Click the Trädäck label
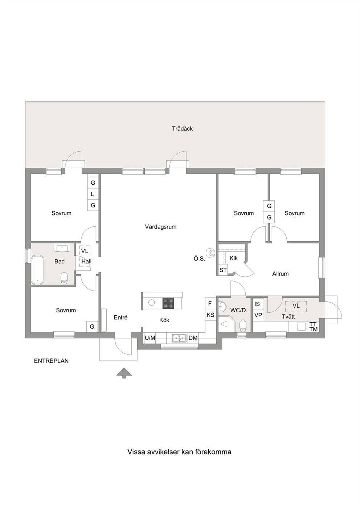tap(182, 129)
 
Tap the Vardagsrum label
tap(161, 227)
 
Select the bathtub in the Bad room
tap(38, 270)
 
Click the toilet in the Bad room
tap(64, 278)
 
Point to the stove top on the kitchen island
tap(168, 303)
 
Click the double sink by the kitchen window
tap(179, 338)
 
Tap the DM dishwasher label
tap(193, 338)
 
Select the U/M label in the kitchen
tap(150, 338)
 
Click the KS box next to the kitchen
tap(211, 315)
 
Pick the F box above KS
tap(211, 303)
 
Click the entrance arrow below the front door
tap(124, 373)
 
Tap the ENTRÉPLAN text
tap(52, 361)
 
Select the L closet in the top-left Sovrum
tap(93, 194)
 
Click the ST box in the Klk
tap(223, 270)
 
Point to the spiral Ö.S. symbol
tap(210, 253)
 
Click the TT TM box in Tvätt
tap(314, 327)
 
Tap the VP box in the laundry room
tap(258, 315)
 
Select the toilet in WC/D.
tap(243, 326)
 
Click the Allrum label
tap(281, 274)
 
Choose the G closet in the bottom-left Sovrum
tap(92, 327)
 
